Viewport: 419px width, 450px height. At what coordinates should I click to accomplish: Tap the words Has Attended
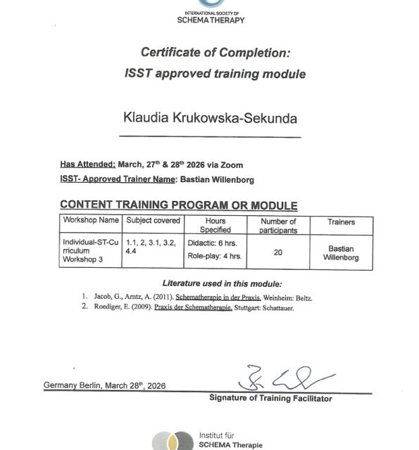click(88, 165)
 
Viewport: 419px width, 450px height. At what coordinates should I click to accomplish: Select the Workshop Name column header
click(91, 221)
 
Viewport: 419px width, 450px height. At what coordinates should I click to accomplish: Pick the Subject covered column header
click(153, 221)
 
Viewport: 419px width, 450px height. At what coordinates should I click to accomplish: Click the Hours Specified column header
click(215, 225)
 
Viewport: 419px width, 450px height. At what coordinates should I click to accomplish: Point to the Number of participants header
click(277, 225)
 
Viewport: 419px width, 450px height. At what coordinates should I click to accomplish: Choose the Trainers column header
click(341, 221)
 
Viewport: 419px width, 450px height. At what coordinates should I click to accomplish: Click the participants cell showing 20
click(277, 252)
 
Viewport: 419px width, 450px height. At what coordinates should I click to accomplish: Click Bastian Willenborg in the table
click(341, 252)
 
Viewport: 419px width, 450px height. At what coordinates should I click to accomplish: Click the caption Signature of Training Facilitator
click(270, 399)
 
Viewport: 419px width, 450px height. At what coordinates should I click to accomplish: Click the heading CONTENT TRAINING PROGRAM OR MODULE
click(178, 205)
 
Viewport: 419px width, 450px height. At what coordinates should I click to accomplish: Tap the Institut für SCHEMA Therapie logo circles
click(173, 440)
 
